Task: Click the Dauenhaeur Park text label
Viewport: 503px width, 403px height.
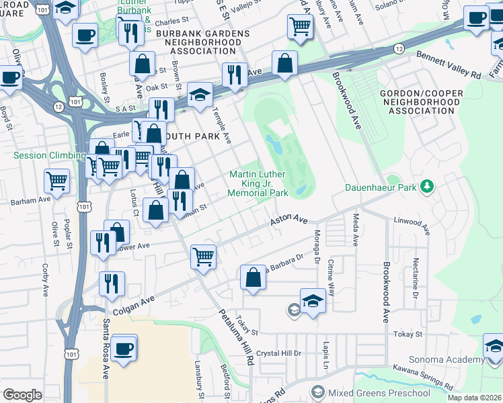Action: click(381, 187)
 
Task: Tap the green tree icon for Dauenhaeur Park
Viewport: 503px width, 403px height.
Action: click(426, 185)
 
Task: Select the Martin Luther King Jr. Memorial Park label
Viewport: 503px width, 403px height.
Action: click(258, 183)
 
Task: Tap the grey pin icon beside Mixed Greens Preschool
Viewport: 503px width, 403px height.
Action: click(317, 392)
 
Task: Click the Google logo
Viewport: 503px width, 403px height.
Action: click(22, 394)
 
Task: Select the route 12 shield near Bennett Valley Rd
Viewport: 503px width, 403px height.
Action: click(399, 48)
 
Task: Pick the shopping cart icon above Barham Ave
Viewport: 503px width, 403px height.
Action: click(57, 180)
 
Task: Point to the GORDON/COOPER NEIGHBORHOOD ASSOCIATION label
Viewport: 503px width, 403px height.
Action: click(420, 101)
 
